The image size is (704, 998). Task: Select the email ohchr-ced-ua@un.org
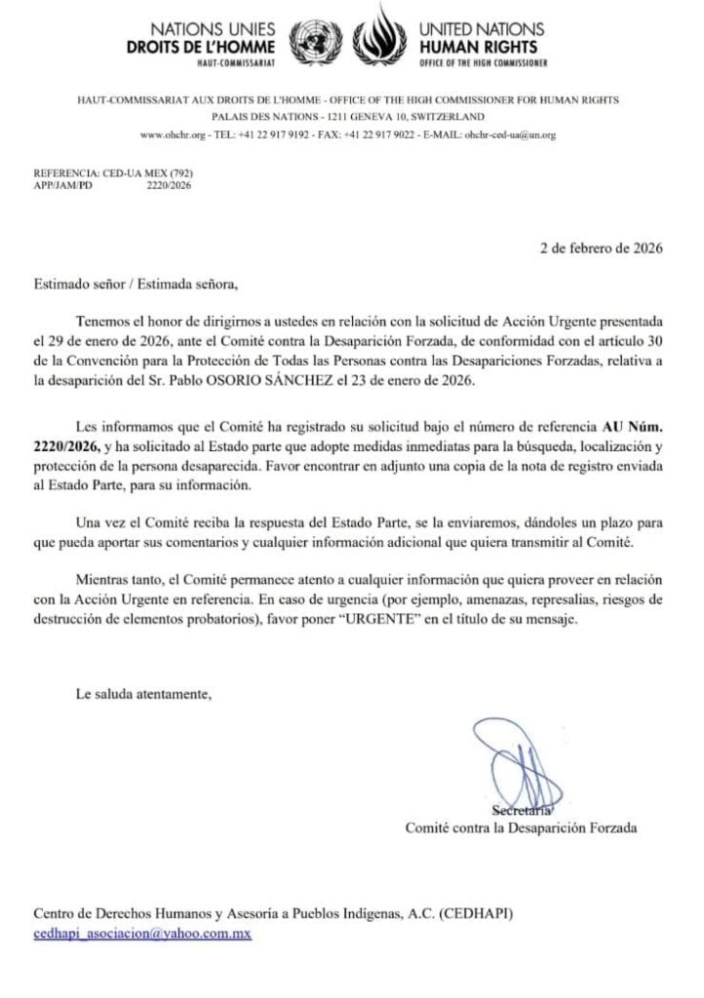click(x=510, y=134)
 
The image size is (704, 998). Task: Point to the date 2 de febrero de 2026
click(x=601, y=248)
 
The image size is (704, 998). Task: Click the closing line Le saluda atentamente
click(x=142, y=695)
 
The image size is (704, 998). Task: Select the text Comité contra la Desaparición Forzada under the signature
click(x=522, y=828)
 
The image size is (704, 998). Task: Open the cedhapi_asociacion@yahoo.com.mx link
click(x=143, y=933)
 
